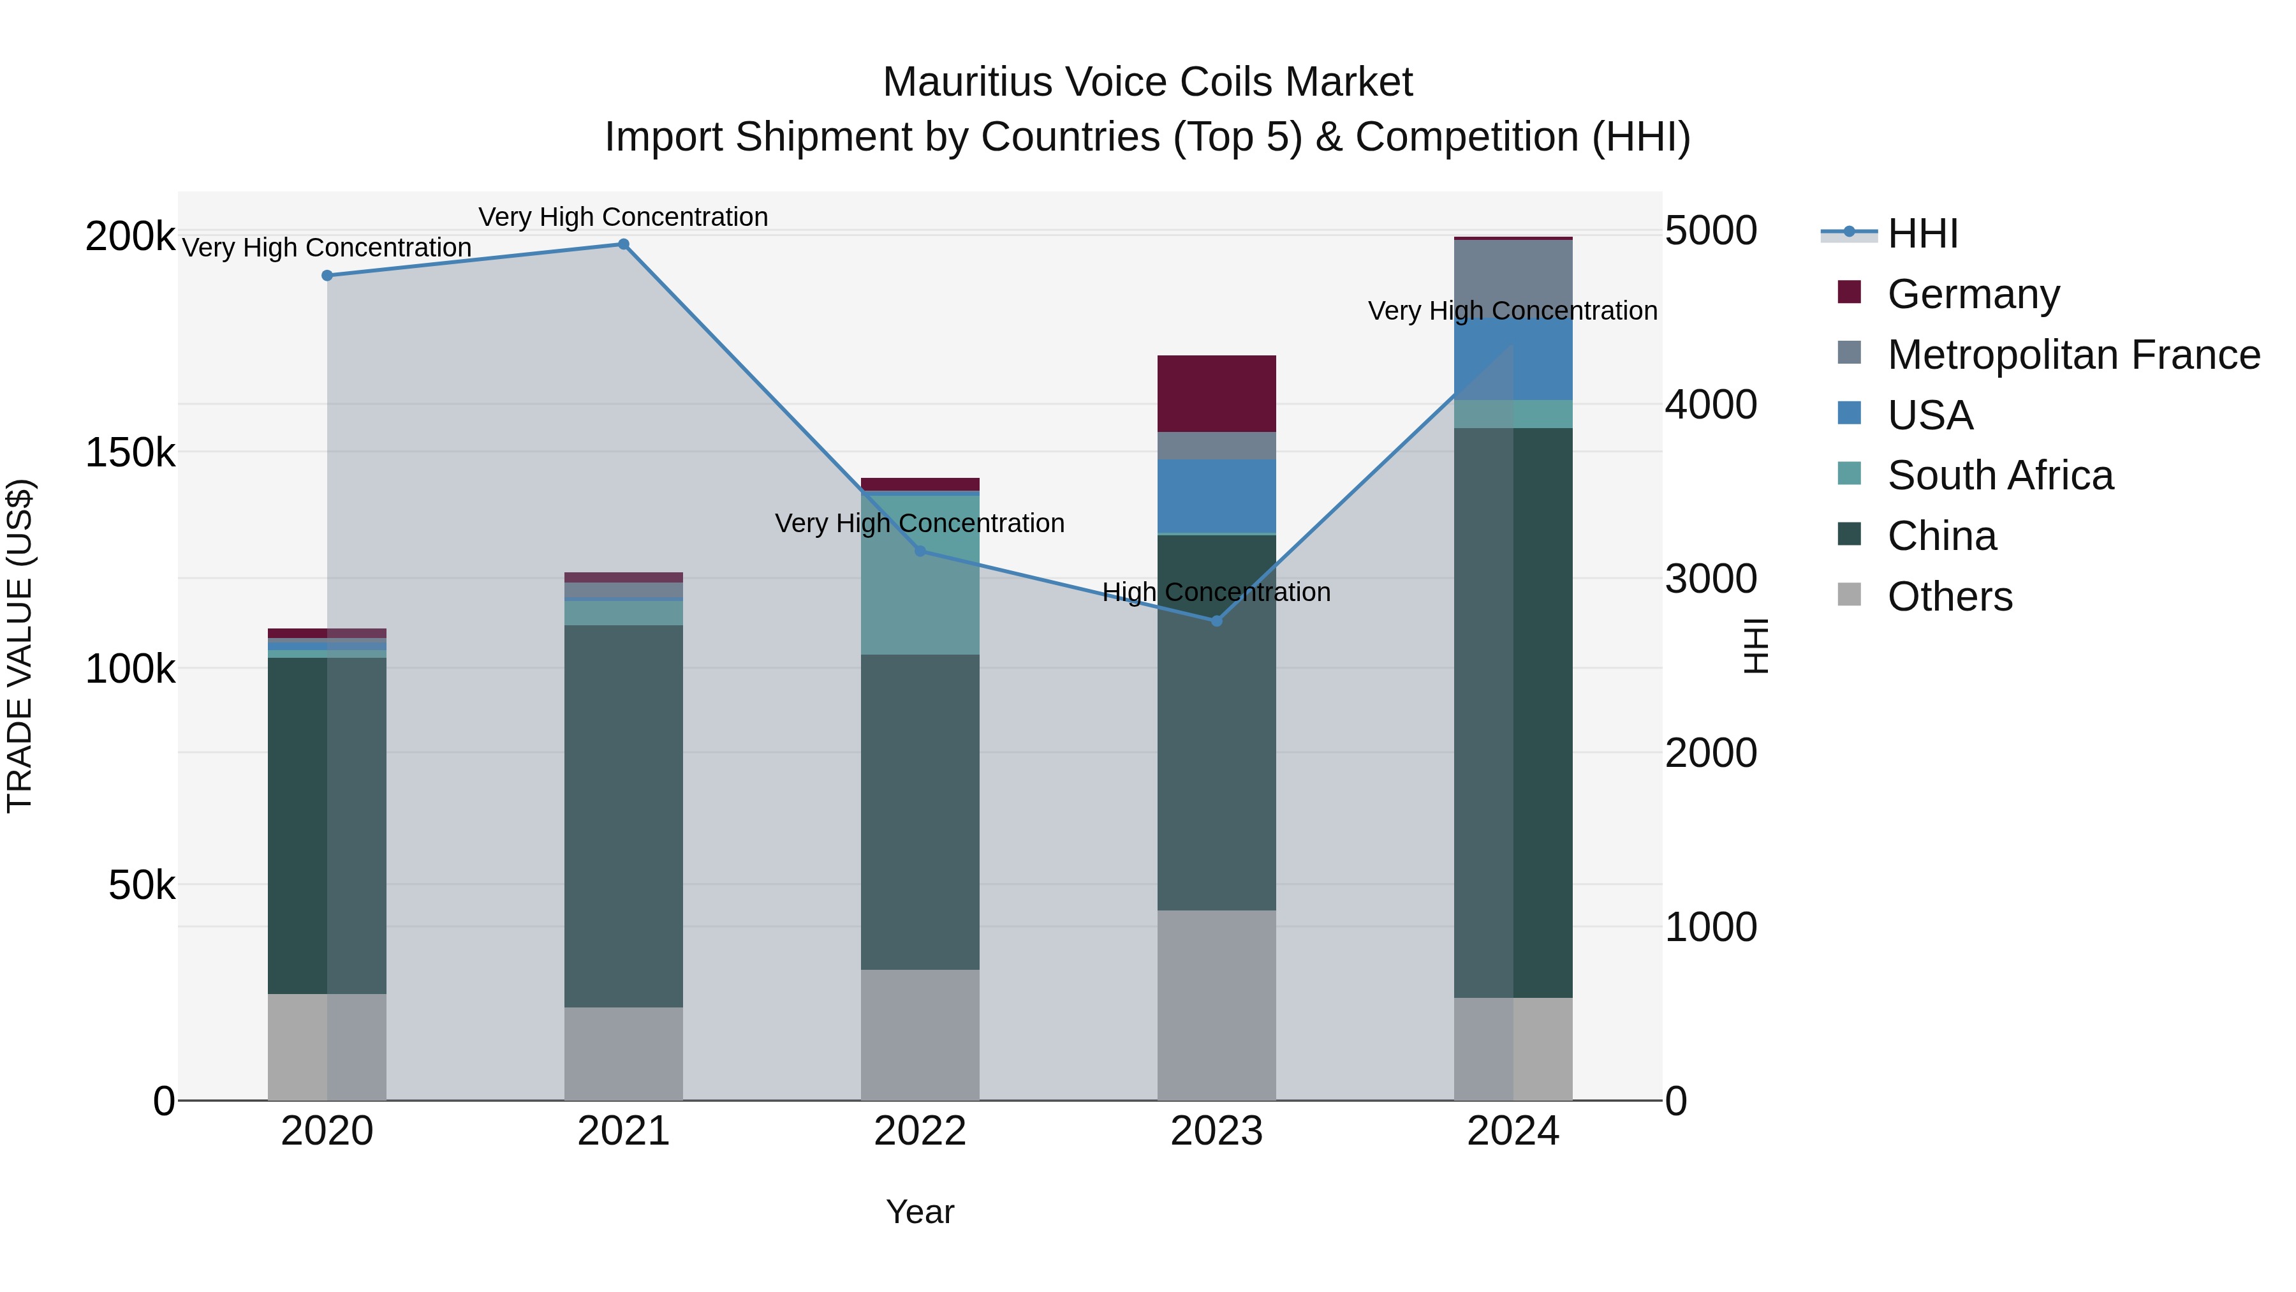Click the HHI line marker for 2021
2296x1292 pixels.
tap(623, 244)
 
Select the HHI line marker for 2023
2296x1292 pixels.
tap(1217, 621)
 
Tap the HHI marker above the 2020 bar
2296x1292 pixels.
tap(327, 276)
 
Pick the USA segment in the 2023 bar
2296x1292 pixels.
tap(1217, 496)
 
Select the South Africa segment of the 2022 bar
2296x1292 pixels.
tap(920, 574)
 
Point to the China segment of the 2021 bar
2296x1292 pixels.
tap(623, 816)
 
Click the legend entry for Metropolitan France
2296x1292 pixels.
tap(2073, 355)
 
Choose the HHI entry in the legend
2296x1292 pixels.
tap(1922, 234)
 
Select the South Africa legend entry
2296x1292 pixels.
tap(1999, 475)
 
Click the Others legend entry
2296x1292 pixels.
tap(1949, 597)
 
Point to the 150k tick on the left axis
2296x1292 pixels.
tap(130, 453)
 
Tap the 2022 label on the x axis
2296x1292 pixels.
tap(920, 1131)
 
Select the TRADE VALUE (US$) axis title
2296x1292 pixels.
tap(20, 646)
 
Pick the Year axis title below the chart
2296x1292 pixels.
tap(920, 1212)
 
